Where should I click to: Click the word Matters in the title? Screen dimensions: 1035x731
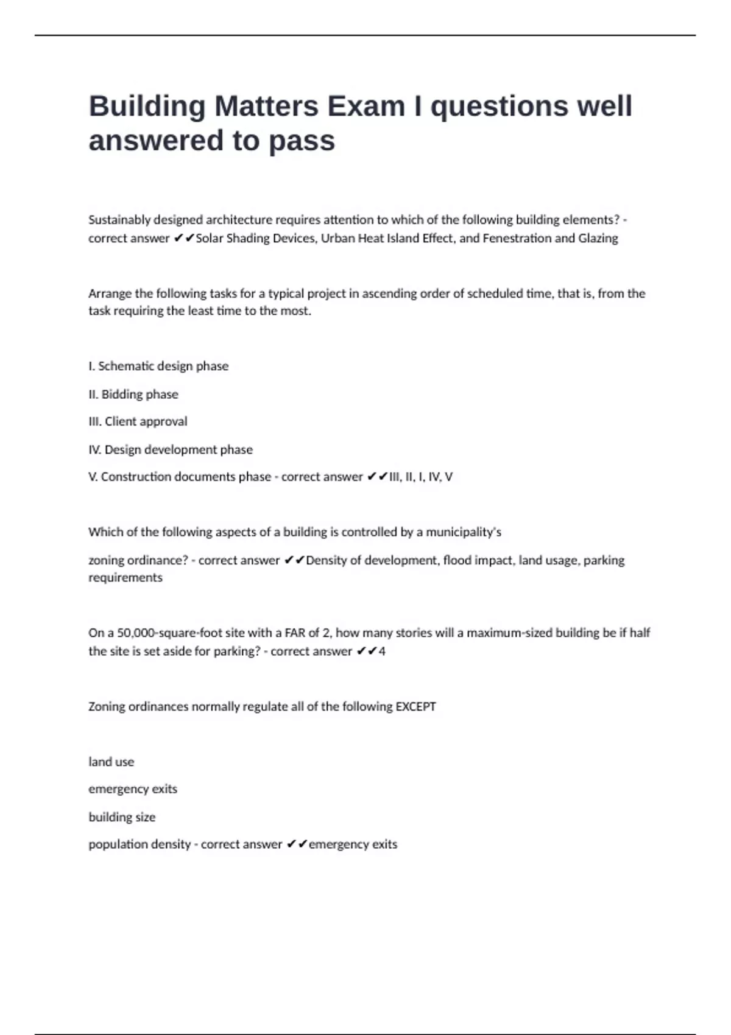[x=266, y=107]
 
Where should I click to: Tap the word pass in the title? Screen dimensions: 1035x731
[x=302, y=141]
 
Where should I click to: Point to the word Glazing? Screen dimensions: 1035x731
[x=598, y=238]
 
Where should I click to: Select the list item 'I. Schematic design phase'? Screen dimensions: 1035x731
[x=158, y=366]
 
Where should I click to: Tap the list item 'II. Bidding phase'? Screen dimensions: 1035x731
[x=133, y=394]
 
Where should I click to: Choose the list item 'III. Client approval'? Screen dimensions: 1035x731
[x=138, y=421]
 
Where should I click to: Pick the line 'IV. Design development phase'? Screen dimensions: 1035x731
[x=171, y=449]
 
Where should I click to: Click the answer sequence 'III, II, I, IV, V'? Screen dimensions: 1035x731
[x=421, y=477]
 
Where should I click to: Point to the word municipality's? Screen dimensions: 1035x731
[x=464, y=532]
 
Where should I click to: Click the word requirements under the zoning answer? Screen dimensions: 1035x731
[x=125, y=577]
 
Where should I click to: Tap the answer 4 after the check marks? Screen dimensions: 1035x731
[x=382, y=651]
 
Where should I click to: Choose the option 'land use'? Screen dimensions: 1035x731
[x=111, y=762]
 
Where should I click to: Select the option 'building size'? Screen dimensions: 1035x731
[x=122, y=817]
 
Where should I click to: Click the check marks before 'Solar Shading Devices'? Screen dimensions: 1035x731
[x=183, y=238]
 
